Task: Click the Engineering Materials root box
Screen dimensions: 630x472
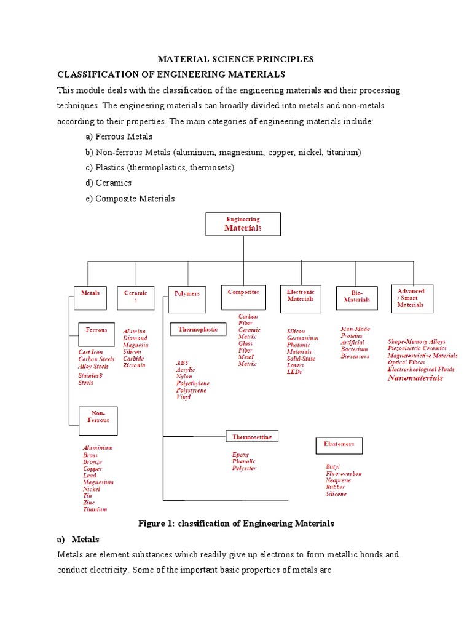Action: (243, 224)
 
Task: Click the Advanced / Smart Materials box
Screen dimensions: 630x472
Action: (412, 298)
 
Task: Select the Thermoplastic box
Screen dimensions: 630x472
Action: (199, 330)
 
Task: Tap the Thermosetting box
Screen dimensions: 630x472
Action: (252, 437)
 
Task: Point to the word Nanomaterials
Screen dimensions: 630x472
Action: (415, 378)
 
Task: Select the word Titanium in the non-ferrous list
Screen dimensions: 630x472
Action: (95, 509)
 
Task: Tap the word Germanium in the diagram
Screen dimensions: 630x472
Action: (302, 338)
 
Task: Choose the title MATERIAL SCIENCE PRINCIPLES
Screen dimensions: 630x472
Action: (236, 59)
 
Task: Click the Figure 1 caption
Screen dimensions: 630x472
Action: (236, 524)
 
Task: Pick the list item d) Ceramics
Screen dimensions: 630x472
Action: (109, 183)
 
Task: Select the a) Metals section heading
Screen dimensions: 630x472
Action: (78, 539)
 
